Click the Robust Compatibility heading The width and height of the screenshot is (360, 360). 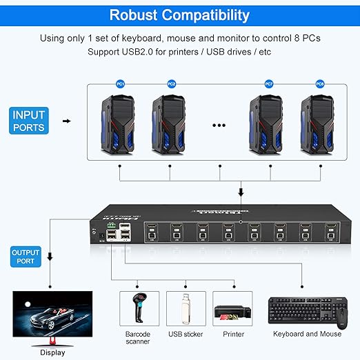[x=179, y=15]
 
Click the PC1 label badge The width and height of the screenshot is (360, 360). [x=121, y=83]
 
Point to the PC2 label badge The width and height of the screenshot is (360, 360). [x=172, y=83]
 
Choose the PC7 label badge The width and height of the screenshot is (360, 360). [x=269, y=83]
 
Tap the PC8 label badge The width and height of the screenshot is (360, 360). [x=320, y=83]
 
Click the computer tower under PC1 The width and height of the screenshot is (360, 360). [x=120, y=123]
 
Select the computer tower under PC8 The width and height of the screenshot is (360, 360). [x=320, y=123]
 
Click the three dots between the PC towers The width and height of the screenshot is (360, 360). [x=220, y=126]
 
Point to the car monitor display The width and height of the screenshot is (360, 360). [x=52, y=314]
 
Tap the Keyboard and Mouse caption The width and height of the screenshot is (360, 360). [x=307, y=334]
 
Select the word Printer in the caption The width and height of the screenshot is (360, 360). [x=234, y=334]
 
